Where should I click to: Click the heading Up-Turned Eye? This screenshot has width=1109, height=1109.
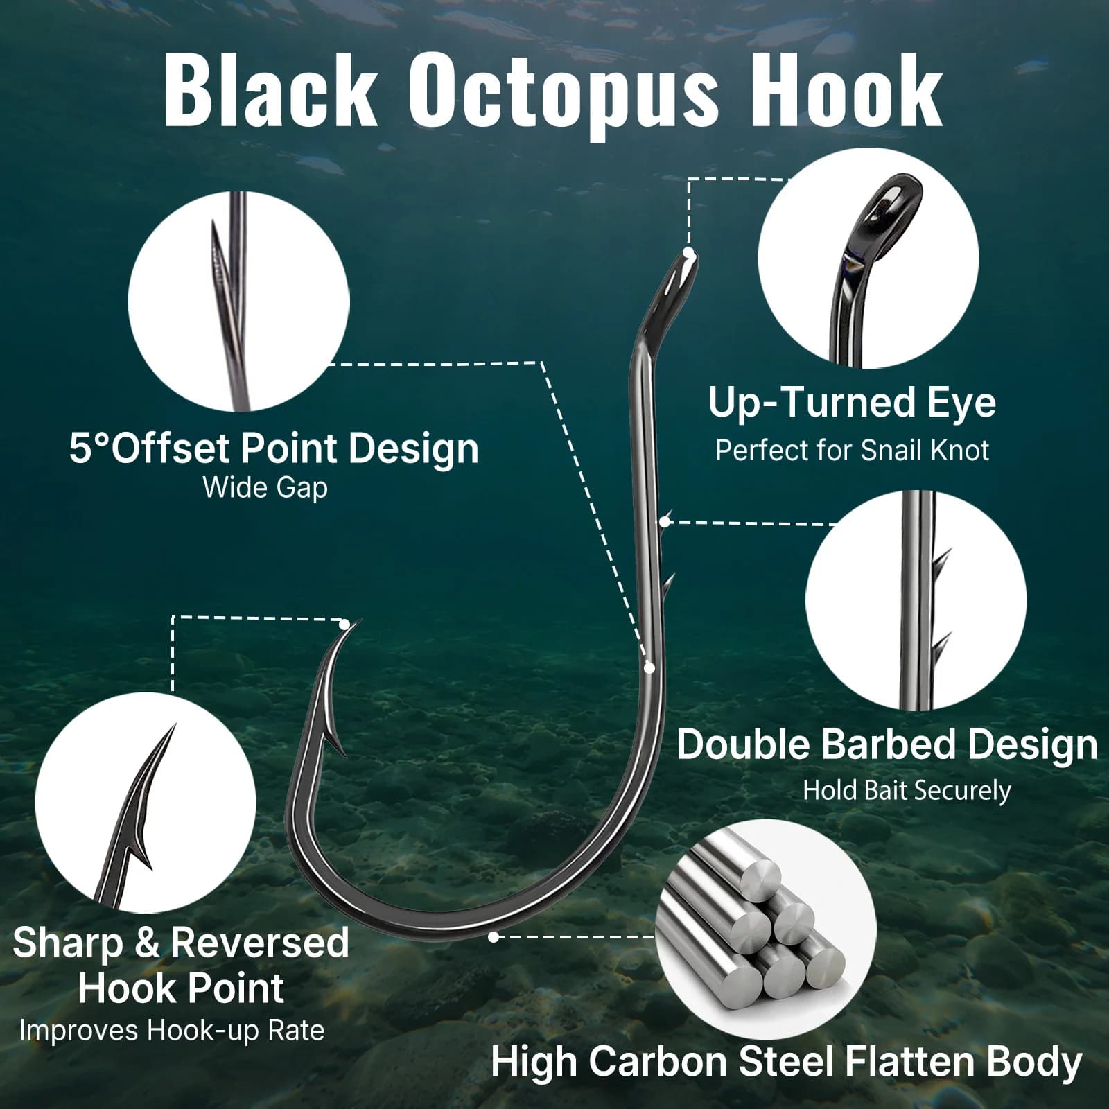852,403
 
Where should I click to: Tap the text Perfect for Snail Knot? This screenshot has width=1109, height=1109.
852,451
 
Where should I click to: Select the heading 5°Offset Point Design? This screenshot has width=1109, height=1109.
274,448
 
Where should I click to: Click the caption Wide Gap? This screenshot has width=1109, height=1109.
265,488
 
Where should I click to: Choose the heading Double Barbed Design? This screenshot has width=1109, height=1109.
887,744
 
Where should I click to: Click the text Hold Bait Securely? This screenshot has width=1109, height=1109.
907,791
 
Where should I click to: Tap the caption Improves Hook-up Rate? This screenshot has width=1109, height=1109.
172,1030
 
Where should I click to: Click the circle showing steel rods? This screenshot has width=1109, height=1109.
766,929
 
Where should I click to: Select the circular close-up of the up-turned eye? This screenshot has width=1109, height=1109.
868,258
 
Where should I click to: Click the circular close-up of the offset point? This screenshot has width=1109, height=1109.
239,302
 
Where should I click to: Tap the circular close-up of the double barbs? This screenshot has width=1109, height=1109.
916,600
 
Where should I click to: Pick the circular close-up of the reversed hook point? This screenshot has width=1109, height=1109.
146,803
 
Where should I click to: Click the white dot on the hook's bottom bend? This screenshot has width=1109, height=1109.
494,937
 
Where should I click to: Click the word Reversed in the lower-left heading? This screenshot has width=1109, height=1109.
259,943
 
